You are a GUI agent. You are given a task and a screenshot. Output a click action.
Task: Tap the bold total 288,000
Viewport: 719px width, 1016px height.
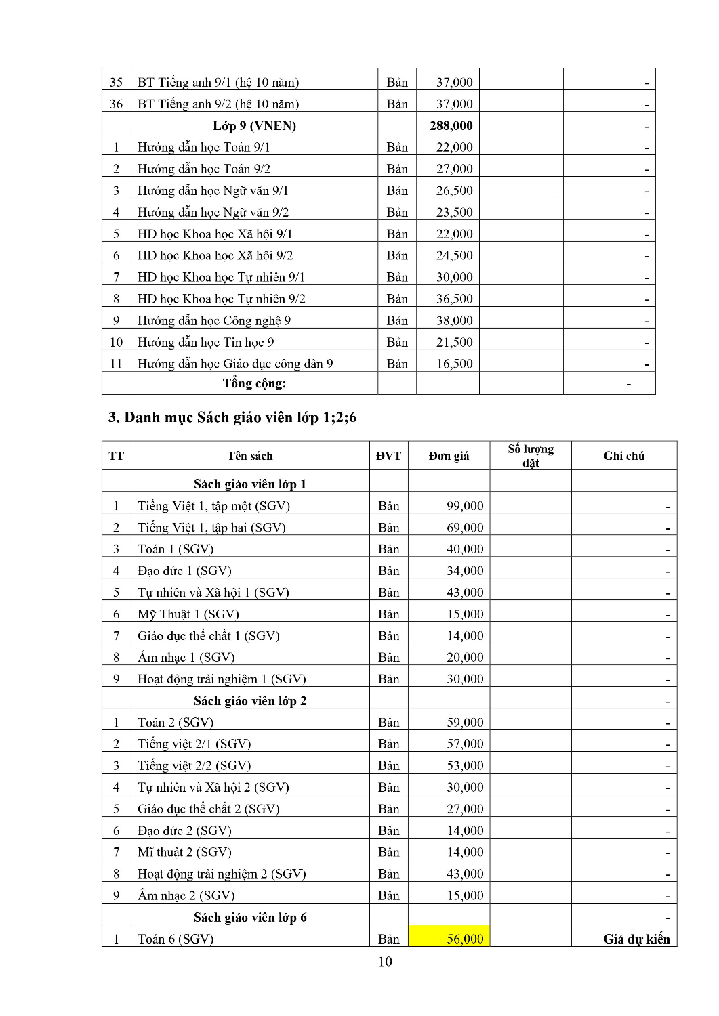[x=451, y=125]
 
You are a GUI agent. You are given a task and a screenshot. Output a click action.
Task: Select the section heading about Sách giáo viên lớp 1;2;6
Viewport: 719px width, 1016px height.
[x=232, y=417]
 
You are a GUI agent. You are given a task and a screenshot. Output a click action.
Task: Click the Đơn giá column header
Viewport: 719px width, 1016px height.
[x=449, y=456]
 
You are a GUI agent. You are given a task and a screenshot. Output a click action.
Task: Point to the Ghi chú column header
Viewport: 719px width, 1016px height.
[x=623, y=456]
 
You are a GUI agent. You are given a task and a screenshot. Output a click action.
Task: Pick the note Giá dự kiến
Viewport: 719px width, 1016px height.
[x=636, y=939]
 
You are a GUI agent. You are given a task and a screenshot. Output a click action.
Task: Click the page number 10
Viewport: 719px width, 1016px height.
[x=385, y=961]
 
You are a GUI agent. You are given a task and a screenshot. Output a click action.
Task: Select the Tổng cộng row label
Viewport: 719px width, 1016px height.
[x=254, y=383]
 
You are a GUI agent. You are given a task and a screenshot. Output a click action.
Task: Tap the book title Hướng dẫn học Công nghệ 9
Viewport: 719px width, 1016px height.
[x=214, y=320]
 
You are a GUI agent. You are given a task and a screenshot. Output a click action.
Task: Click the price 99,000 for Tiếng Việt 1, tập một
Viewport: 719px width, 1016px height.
[x=465, y=505]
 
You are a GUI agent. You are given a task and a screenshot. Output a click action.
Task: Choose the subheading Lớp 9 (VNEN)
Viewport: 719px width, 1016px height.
[x=254, y=125]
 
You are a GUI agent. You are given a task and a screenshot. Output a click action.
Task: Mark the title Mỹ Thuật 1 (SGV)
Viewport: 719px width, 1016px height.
[x=188, y=614]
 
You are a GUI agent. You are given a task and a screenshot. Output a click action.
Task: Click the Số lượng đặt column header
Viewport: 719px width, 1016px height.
[x=531, y=456]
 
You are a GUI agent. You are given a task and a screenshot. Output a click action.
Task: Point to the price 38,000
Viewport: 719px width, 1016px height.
[x=454, y=320]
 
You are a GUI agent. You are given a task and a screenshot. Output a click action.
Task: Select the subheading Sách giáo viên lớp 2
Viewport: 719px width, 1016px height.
[x=250, y=700]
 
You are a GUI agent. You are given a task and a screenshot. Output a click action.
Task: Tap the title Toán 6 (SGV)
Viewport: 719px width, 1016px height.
[x=176, y=939]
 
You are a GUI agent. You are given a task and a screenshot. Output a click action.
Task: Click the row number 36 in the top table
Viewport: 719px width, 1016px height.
[x=116, y=104]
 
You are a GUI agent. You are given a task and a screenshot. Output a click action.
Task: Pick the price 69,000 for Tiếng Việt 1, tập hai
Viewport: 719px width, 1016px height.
[x=465, y=527]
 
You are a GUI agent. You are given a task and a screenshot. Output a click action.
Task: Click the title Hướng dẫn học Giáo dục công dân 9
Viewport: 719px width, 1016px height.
[x=235, y=364]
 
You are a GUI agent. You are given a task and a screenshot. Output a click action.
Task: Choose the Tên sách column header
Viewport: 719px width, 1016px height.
[x=250, y=456]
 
